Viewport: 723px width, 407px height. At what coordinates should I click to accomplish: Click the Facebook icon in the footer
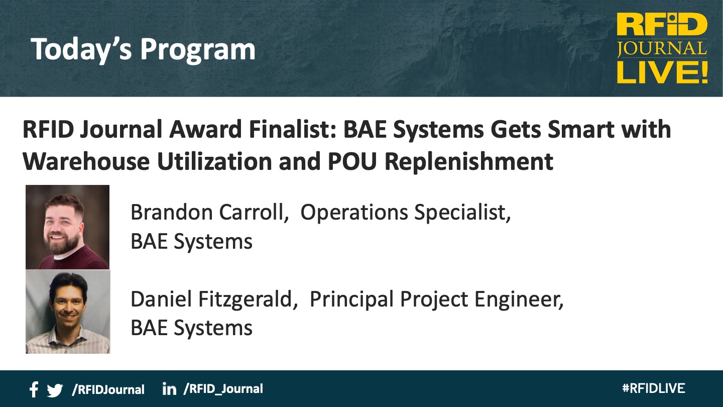click(34, 389)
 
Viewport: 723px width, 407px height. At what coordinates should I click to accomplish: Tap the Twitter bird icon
click(55, 390)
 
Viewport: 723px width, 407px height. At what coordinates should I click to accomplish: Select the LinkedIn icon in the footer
click(169, 389)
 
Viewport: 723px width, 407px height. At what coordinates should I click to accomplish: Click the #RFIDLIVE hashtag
click(654, 388)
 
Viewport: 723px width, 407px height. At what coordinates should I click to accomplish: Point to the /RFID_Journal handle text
click(223, 389)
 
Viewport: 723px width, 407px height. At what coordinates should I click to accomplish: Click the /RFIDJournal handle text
click(108, 390)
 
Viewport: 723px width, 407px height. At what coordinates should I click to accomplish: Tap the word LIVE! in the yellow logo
click(662, 73)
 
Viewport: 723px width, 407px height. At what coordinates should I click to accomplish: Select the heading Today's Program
click(143, 49)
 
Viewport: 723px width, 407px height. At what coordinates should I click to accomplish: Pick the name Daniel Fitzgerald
click(214, 299)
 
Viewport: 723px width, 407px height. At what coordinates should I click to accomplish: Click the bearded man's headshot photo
click(67, 227)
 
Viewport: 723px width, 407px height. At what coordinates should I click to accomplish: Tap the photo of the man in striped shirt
click(68, 312)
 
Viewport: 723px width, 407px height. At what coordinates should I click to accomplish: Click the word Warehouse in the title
click(86, 161)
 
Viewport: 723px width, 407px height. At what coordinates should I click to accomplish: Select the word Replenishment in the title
click(469, 161)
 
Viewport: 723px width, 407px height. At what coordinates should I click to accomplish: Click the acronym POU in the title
click(352, 161)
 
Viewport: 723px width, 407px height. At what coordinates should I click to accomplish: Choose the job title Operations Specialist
click(406, 213)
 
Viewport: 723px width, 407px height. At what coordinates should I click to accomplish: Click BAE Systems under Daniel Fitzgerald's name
click(191, 328)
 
